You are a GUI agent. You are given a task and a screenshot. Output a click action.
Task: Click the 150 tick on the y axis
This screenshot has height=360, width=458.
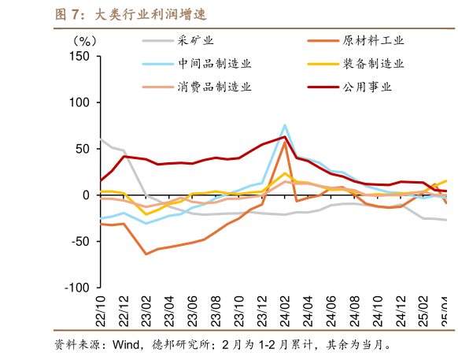point(79,56)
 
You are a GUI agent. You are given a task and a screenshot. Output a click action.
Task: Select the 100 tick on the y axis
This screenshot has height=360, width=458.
point(79,102)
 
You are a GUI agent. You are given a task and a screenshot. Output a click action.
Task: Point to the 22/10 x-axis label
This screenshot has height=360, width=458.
point(101,310)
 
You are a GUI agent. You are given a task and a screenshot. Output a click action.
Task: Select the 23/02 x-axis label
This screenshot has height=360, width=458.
point(146,310)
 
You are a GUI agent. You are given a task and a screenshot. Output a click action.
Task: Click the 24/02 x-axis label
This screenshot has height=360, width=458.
point(285,310)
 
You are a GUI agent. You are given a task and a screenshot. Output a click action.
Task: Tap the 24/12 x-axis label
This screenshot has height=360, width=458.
point(401,310)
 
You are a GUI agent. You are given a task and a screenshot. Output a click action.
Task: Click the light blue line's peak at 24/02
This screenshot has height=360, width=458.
point(285,125)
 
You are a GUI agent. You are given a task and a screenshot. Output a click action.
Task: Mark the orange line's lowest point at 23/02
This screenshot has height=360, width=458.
point(146,254)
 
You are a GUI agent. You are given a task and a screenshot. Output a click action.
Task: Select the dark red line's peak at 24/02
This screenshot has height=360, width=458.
point(285,137)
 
